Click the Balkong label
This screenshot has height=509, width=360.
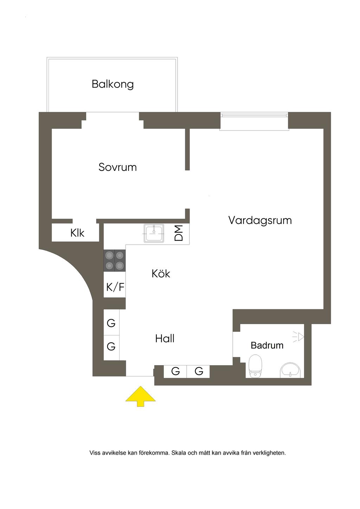(x=112, y=84)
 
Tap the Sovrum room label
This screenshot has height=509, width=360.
(x=117, y=167)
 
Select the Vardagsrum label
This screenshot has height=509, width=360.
(x=260, y=221)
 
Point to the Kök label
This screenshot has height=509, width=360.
(x=161, y=273)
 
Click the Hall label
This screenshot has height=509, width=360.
(x=165, y=339)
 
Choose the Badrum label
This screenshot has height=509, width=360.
(x=267, y=346)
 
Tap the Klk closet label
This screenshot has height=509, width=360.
(x=77, y=233)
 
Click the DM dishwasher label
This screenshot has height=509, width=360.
(x=179, y=233)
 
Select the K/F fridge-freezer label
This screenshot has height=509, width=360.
(x=115, y=287)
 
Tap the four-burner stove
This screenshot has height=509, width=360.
(x=115, y=260)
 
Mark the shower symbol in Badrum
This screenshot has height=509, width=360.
(x=298, y=336)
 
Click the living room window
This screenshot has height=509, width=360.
(x=254, y=121)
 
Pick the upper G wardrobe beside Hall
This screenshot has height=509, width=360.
(x=111, y=323)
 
